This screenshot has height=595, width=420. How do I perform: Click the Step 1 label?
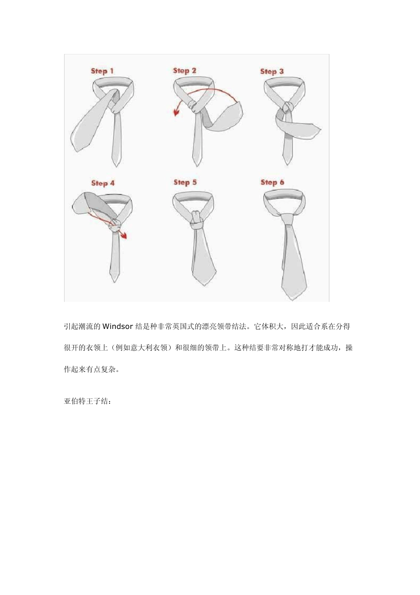point(102,71)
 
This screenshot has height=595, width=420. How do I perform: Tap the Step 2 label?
point(184,70)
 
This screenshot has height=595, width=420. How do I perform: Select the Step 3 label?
point(272,71)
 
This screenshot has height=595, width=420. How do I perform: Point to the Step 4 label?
point(103,183)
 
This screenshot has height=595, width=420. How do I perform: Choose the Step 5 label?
point(185,182)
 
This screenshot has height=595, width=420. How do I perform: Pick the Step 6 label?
point(272,182)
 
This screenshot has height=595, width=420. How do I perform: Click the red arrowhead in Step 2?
point(176,113)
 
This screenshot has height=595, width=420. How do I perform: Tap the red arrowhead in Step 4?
point(124,236)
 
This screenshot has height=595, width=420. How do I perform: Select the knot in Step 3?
point(288,108)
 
